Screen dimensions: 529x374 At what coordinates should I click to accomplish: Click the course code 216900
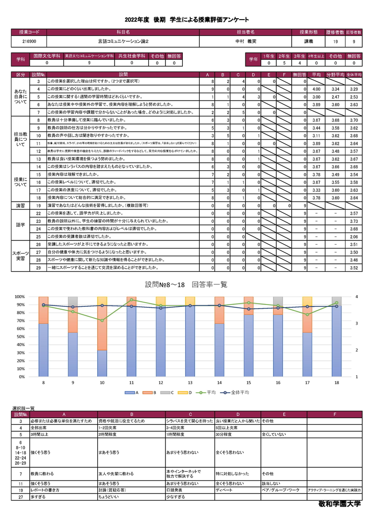click(29, 42)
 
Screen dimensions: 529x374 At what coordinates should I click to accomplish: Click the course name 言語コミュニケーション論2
click(123, 42)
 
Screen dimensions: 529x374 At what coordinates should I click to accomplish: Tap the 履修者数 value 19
click(336, 42)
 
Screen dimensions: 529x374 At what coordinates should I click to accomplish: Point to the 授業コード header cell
click(29, 32)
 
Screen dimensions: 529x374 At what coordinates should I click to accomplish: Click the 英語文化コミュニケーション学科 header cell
click(89, 56)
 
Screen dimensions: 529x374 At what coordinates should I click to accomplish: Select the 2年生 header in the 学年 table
click(284, 56)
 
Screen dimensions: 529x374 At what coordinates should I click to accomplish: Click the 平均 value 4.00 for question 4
click(316, 89)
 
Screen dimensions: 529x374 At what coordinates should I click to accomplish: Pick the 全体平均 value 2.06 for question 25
click(354, 237)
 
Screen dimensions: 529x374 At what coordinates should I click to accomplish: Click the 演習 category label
click(21, 205)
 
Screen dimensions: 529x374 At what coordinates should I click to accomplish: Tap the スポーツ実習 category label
click(21, 255)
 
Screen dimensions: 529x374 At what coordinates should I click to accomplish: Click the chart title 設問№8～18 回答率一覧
click(186, 284)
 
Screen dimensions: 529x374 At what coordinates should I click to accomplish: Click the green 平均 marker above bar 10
click(102, 320)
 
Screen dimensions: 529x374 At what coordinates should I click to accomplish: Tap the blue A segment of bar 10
click(102, 363)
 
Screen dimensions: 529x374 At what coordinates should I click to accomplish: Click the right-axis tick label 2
click(356, 350)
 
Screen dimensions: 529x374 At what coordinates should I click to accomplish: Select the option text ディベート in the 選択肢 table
click(223, 490)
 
